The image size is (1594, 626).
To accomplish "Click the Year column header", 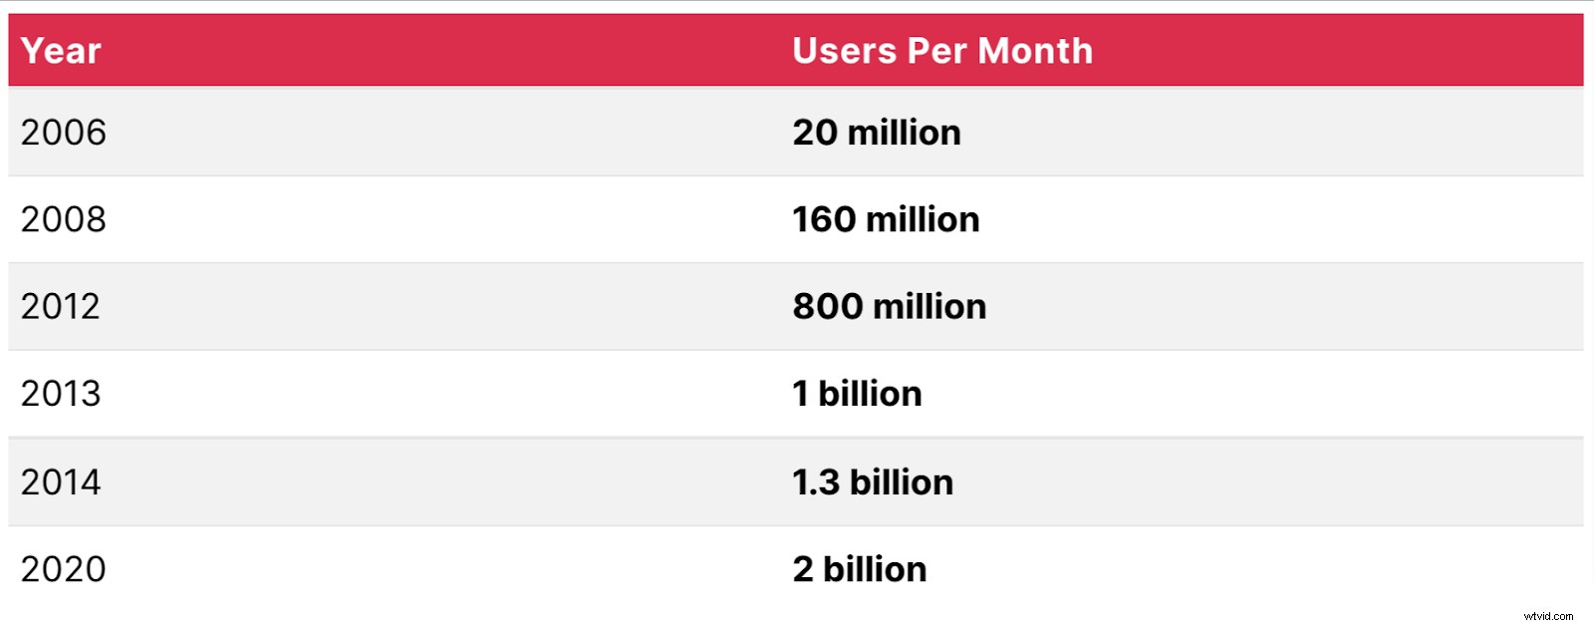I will (61, 51).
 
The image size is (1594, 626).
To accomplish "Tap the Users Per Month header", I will (941, 51).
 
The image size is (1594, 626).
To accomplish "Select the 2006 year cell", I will (63, 133).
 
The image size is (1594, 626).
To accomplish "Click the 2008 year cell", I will (63, 219).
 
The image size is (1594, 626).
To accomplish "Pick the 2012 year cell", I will (61, 307).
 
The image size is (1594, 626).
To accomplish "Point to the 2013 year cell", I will (61, 394).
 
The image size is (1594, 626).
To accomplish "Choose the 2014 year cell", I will (61, 482).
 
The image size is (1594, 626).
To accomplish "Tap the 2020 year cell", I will (63, 569).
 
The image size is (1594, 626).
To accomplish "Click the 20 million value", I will (877, 133).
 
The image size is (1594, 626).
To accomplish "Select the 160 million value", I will (886, 219).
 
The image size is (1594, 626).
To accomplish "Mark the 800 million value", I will (889, 307).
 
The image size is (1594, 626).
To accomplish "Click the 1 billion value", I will (857, 394).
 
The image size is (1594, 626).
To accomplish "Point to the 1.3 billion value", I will (873, 482).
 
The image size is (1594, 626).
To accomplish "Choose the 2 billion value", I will (860, 569).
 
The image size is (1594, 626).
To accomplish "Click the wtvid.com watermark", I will (1548, 616).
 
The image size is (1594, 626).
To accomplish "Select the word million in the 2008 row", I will (923, 219).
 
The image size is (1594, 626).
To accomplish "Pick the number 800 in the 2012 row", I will (828, 307).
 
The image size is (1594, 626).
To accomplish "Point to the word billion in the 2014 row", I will (902, 482).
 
